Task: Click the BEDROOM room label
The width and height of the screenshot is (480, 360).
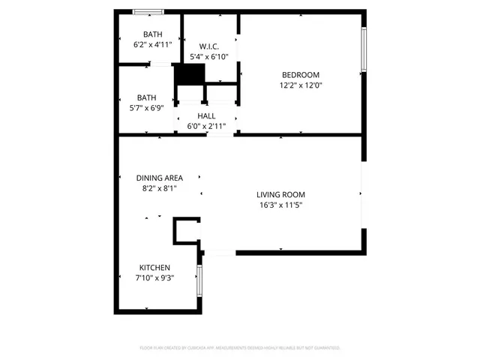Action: pyautogui.click(x=301, y=74)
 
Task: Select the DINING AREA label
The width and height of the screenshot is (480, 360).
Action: pyautogui.click(x=160, y=178)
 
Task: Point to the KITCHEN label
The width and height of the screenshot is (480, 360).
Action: pyautogui.click(x=155, y=268)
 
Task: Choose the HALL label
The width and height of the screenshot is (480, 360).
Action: pyautogui.click(x=206, y=116)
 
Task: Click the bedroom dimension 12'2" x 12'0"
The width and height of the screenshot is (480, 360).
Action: pyautogui.click(x=301, y=85)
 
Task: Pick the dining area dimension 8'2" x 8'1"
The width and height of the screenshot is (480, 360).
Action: pyautogui.click(x=160, y=188)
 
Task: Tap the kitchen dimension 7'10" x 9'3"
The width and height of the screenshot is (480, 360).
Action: pyautogui.click(x=155, y=278)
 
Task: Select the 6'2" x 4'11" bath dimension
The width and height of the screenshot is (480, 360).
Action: pyautogui.click(x=153, y=44)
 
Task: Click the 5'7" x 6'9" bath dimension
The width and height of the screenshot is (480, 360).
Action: pyautogui.click(x=146, y=107)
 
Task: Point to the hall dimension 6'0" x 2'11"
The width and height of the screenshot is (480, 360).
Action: pyautogui.click(x=206, y=126)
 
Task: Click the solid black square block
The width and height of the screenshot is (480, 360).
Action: pyautogui.click(x=190, y=75)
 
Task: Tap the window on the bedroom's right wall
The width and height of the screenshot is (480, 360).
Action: pyautogui.click(x=364, y=49)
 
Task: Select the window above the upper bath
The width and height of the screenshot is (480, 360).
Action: pyautogui.click(x=148, y=11)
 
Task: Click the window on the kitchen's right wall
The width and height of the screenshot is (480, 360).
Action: pyautogui.click(x=199, y=281)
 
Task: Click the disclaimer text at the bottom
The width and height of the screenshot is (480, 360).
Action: pyautogui.click(x=240, y=348)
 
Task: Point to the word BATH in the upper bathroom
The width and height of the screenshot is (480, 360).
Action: pyautogui.click(x=153, y=34)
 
